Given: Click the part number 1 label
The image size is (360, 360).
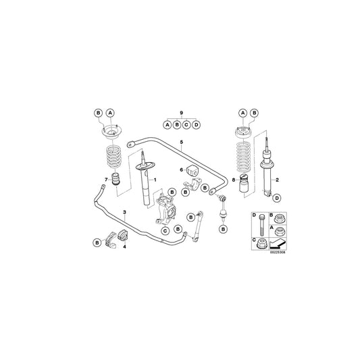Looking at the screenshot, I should point(155,179).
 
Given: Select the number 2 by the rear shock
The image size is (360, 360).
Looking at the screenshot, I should point(277,179).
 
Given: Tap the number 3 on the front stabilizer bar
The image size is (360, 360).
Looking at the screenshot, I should point(125,212).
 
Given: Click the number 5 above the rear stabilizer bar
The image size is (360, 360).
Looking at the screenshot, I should point(181,143).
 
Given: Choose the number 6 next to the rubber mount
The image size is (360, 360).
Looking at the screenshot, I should point(180,170).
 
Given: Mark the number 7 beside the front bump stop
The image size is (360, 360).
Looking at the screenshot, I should point(106,180).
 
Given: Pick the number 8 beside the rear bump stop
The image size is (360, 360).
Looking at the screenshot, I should point(234,180).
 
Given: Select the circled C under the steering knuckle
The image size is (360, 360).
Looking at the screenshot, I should point(164,231).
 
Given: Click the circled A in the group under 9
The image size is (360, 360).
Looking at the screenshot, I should point(166,124).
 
